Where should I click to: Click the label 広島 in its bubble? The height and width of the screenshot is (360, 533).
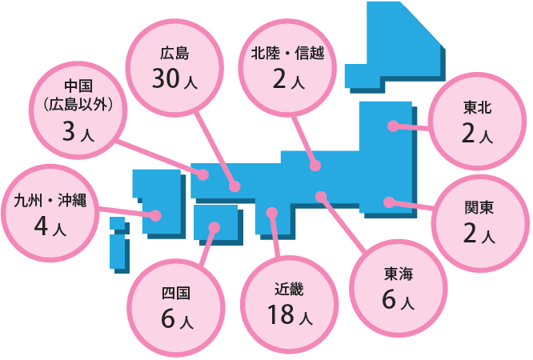pos(174,54)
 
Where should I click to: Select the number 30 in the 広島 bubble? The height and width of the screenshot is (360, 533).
pos(166,78)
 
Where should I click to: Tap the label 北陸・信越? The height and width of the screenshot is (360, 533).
pos(287,54)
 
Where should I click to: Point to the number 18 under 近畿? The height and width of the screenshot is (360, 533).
pos(281,314)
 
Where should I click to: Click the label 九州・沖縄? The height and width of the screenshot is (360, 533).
pos(50,201)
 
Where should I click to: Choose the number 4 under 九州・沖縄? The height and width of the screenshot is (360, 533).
pos(41,226)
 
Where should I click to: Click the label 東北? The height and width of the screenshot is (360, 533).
pos(477,108)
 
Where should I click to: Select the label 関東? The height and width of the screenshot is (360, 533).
pos(479,208)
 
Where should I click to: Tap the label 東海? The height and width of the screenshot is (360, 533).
pos(399,274)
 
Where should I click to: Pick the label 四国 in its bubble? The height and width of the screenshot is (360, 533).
pos(175,294)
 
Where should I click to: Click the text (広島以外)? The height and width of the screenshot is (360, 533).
pos(78,105)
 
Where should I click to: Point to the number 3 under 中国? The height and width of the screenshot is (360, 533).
pos(69,131)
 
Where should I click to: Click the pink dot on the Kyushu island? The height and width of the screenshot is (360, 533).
pos(156,215)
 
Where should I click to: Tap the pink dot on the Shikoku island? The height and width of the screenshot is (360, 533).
pos(214,227)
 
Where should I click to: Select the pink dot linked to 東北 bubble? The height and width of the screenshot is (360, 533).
pos(393,126)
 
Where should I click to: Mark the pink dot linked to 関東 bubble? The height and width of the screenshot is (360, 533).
pos(389,202)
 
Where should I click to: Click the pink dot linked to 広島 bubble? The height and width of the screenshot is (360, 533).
pos(234,186)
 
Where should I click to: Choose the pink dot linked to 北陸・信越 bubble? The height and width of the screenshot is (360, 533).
pos(315,166)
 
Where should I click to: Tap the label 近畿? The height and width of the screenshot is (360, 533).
pos(289,290)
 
